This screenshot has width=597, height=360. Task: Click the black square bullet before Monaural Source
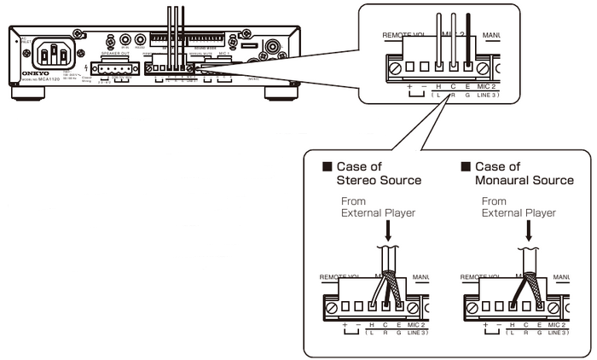(466, 166)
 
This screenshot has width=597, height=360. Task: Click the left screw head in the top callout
(395, 66)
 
